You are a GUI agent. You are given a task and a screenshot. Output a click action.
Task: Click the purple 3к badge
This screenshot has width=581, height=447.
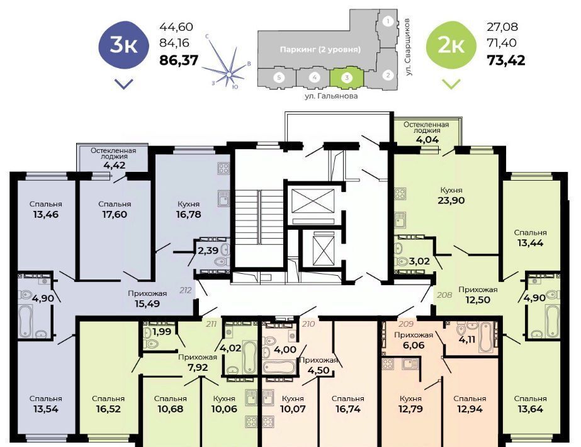click(x=124, y=45)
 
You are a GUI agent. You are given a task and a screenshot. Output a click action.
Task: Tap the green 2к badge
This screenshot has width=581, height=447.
click(x=451, y=45)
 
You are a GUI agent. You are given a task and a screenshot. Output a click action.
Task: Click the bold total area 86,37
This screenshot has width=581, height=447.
click(x=179, y=60)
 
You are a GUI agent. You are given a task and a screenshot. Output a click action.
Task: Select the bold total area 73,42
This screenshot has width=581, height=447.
click(x=506, y=60)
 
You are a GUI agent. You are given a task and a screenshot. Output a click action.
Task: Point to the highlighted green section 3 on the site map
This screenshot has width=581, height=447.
click(x=347, y=77)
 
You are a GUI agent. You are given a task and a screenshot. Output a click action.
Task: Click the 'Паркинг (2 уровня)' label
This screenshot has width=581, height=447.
click(x=320, y=49)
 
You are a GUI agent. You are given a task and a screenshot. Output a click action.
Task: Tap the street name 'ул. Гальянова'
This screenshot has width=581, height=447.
click(x=331, y=96)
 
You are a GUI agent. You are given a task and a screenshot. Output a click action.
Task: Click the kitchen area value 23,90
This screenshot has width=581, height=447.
click(x=451, y=200)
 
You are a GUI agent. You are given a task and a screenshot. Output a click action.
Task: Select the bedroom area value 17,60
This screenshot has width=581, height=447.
click(x=115, y=215)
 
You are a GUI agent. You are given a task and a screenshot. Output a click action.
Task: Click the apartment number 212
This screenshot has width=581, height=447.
click(x=185, y=290)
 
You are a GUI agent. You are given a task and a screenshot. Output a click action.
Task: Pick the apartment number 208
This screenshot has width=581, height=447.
click(x=444, y=295)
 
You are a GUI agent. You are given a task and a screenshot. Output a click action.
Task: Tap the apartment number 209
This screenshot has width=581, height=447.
click(x=406, y=324)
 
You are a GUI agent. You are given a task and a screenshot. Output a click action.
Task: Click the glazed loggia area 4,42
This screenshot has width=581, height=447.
click(x=114, y=166)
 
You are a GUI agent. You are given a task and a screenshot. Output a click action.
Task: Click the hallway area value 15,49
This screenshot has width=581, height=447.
click(x=147, y=304)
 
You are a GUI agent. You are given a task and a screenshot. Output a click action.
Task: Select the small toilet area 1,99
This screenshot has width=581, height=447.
click(x=162, y=332)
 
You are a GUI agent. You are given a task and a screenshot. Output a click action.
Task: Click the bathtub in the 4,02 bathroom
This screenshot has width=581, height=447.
click(x=250, y=356)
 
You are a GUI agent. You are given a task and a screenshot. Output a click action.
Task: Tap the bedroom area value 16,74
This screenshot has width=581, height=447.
click(x=348, y=409)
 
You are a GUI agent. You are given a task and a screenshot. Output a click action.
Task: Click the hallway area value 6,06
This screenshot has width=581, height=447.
click(x=414, y=346)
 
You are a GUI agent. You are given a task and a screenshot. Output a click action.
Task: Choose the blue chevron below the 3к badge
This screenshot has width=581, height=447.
click(x=124, y=84)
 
